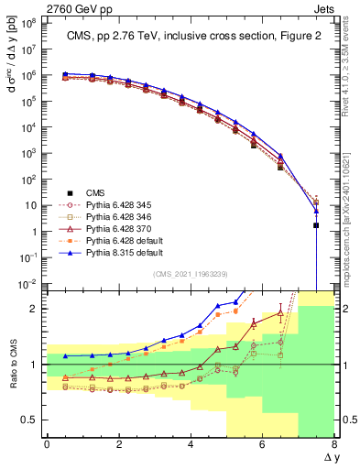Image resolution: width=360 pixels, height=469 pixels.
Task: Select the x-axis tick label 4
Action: [191, 444]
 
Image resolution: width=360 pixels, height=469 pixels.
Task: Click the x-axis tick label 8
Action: [334, 444]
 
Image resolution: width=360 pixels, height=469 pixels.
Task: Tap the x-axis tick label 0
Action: [47, 444]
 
